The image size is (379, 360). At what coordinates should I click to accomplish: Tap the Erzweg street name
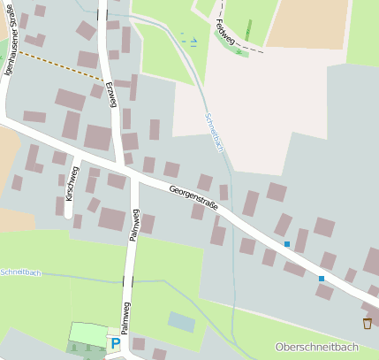pos(112,89)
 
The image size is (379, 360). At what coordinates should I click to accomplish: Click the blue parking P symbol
pos(115,343)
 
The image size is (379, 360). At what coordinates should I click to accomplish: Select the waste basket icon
pos(367,324)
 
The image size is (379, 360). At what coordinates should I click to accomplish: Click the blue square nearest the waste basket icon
pos(322,279)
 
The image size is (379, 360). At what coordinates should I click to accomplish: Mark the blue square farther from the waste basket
pos(286,243)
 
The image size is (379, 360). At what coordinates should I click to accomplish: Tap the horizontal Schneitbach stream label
pos(21,272)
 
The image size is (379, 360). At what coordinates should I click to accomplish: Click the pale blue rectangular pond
pos(181,321)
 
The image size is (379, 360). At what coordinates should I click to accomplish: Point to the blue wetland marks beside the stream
pos(189,39)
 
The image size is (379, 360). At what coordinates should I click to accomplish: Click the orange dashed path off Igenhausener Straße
pos(49,65)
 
